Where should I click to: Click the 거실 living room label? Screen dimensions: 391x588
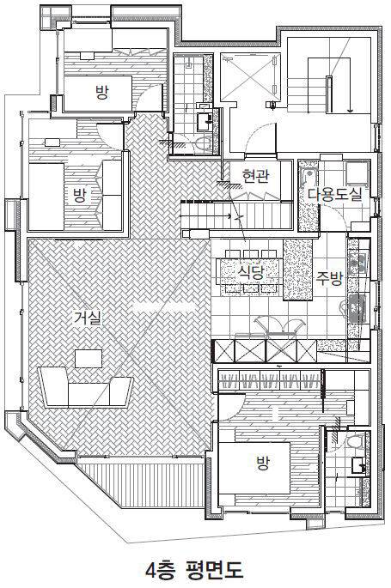click(x=87, y=318)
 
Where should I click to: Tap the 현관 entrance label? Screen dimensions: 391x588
click(x=255, y=176)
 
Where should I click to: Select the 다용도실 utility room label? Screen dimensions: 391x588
click(x=335, y=194)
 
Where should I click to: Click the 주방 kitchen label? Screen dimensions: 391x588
click(x=329, y=278)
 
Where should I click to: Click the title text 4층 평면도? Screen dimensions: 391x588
click(x=195, y=569)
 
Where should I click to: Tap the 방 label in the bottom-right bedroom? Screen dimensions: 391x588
click(x=263, y=464)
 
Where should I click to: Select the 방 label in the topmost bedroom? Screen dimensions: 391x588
click(x=101, y=92)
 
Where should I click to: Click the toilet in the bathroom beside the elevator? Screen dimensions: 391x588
click(x=204, y=143)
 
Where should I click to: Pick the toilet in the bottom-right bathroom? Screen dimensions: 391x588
click(x=354, y=440)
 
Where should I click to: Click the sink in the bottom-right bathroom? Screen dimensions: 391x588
click(x=358, y=466)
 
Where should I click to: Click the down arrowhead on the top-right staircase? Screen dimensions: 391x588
click(x=350, y=110)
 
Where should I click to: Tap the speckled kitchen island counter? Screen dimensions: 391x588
click(x=297, y=270)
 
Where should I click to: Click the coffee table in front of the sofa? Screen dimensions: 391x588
click(x=89, y=359)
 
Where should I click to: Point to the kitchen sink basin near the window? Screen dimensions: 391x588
click(x=357, y=308)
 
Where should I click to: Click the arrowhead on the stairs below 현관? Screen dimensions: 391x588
click(x=228, y=216)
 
